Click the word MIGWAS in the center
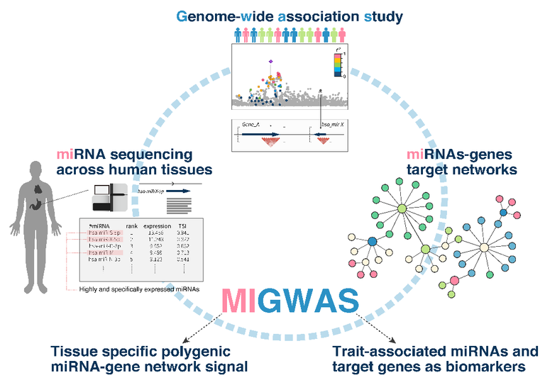coord(290,301)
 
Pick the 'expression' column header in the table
coord(157,227)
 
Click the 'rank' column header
coord(131,227)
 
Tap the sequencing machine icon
coord(109,197)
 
